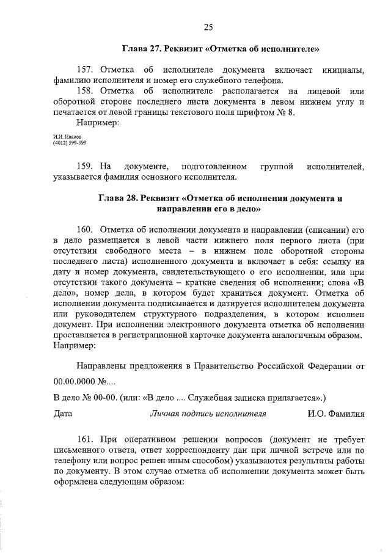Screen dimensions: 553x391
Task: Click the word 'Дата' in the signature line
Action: [x=63, y=414]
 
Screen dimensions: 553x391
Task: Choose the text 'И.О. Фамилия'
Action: [x=336, y=414]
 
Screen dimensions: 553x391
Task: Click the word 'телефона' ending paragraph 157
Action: [x=264, y=80]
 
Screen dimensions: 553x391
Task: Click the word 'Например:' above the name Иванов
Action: [x=98, y=123]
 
